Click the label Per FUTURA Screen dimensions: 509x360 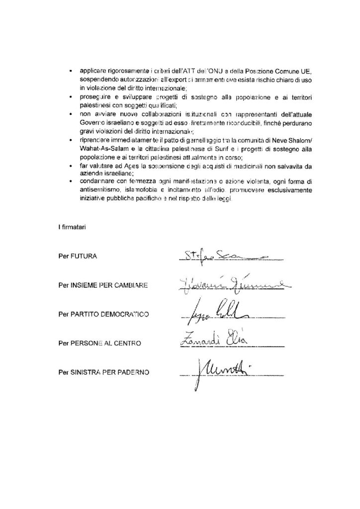pyautogui.click(x=77, y=256)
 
